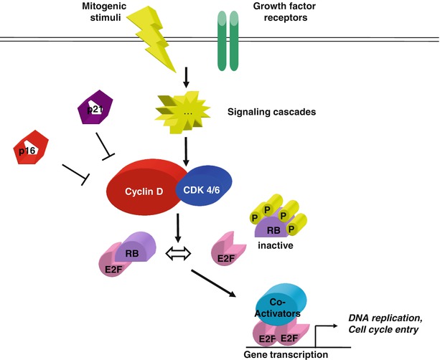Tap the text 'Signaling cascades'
(271, 113)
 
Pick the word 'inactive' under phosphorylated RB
(278, 247)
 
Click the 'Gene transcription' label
(286, 354)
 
